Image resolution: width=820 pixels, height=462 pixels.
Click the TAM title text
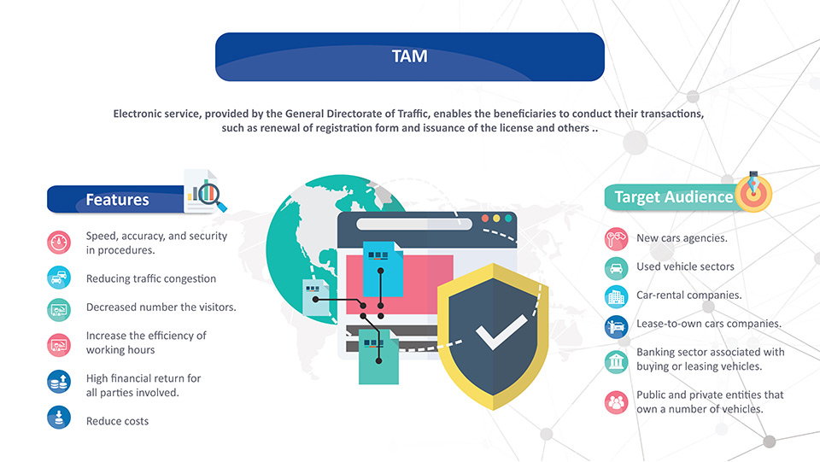point(409,56)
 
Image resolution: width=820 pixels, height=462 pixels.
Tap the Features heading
point(117,200)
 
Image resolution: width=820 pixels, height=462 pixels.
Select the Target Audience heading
point(674,197)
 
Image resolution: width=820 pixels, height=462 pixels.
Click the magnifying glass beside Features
point(213,196)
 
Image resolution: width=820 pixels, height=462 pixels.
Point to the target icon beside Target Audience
point(753,193)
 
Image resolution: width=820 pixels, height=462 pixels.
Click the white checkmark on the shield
point(501,332)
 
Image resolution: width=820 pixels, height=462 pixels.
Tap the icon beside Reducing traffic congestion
point(59,278)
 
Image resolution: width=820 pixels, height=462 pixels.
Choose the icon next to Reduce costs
point(59,418)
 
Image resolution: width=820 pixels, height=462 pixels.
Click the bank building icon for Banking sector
point(616,361)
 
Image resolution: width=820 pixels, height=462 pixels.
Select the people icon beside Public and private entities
point(616,402)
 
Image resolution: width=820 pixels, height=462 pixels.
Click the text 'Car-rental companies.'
point(688,295)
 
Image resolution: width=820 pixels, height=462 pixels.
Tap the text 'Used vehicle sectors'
point(685,266)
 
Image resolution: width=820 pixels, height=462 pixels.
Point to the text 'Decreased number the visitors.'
point(161,307)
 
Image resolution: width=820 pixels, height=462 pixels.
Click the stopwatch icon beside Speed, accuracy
point(59,243)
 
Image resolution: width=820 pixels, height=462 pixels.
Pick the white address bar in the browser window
point(414,224)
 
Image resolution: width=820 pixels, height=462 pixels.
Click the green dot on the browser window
point(507,219)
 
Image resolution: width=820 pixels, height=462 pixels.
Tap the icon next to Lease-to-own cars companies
point(616,327)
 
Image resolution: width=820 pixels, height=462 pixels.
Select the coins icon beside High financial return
point(59,382)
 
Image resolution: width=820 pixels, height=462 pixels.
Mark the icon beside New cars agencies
point(616,239)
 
